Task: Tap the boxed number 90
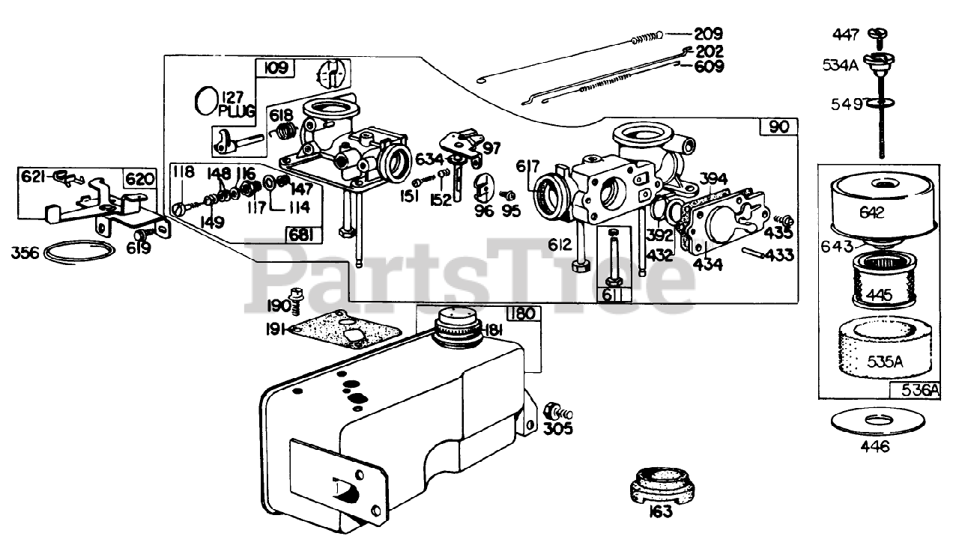[778, 127]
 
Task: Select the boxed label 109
[276, 69]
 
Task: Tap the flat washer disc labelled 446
[875, 421]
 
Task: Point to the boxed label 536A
[919, 390]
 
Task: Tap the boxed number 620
[140, 179]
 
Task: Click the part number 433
[779, 255]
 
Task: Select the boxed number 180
[521, 313]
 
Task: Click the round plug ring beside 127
[207, 101]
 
